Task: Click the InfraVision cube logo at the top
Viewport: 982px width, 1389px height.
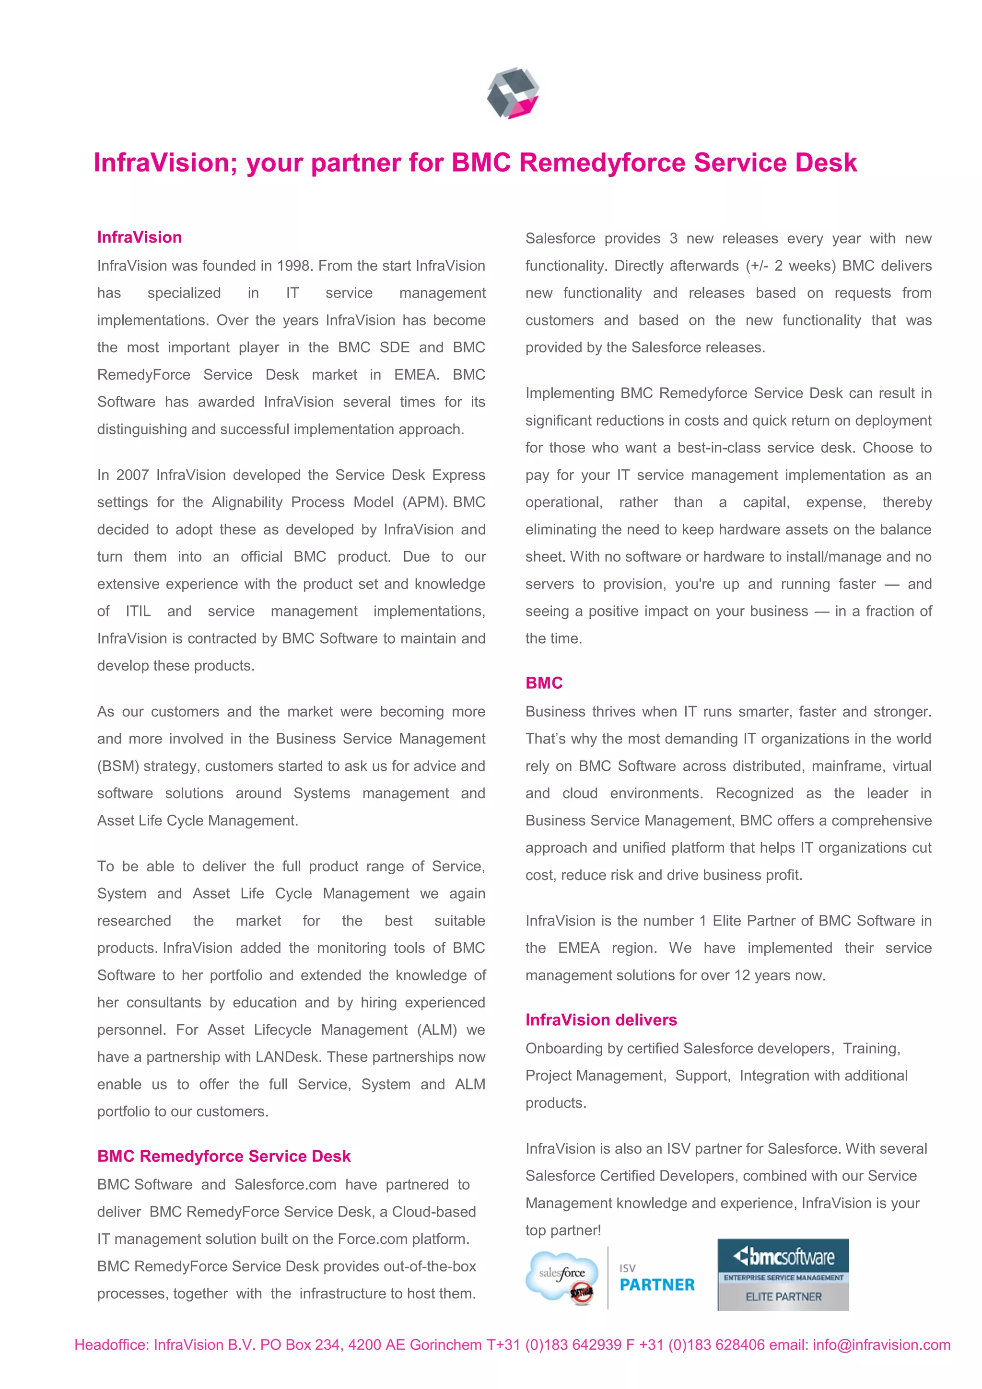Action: (513, 93)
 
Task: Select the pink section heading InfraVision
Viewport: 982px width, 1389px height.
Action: (139, 237)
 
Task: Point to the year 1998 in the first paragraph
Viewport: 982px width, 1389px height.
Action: (295, 266)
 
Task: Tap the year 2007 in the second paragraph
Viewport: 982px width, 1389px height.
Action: (132, 475)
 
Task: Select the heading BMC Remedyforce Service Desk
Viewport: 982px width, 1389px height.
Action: (224, 1156)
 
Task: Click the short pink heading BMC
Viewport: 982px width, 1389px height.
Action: (544, 683)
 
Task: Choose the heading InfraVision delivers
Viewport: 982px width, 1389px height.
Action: (601, 1020)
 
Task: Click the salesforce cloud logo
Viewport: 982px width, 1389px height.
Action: (562, 1276)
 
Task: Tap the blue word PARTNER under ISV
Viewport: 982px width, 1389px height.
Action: (657, 1285)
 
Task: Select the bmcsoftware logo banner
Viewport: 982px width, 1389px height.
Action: (783, 1258)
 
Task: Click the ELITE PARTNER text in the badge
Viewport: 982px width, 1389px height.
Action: (783, 1297)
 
